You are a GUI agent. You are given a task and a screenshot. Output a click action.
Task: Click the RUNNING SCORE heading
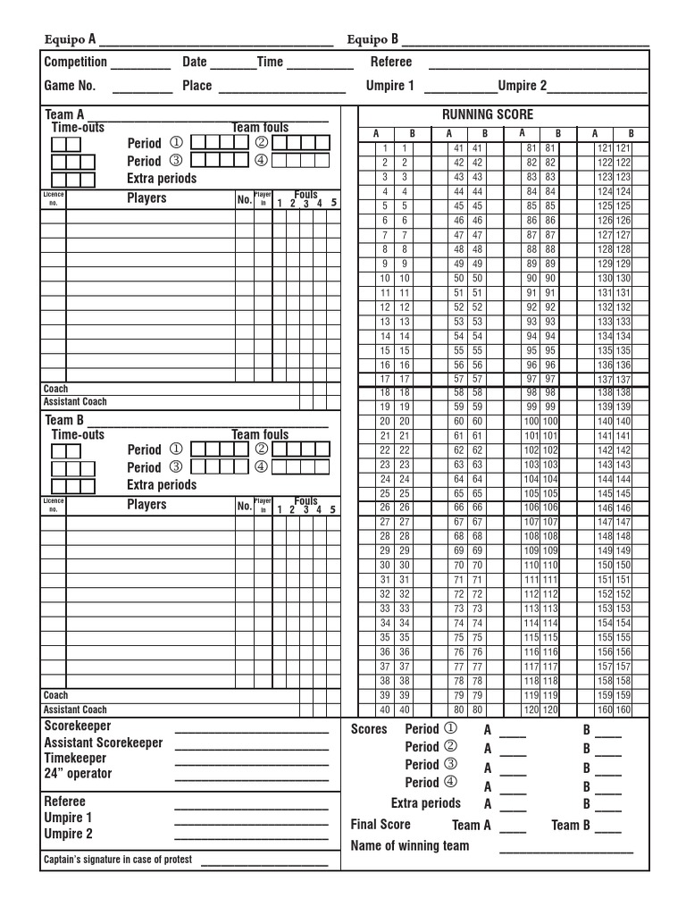(x=487, y=114)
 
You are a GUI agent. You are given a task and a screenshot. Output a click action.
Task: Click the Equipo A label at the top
(x=71, y=39)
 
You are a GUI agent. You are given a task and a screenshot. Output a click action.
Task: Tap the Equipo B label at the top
(x=372, y=39)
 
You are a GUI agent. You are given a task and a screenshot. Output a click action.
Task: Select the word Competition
(x=76, y=62)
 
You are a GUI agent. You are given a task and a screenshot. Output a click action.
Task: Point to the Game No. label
(x=70, y=86)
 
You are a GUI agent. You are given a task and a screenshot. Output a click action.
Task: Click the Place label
(x=197, y=86)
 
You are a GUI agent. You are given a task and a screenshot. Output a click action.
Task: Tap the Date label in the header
(x=195, y=62)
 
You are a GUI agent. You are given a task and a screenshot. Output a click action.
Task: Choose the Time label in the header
(x=270, y=62)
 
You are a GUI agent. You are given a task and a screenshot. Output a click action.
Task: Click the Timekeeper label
(x=75, y=758)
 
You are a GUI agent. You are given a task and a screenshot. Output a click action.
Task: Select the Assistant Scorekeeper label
(x=104, y=743)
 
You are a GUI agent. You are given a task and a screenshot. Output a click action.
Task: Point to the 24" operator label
(x=79, y=773)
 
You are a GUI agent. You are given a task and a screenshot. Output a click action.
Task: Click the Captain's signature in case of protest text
(x=120, y=860)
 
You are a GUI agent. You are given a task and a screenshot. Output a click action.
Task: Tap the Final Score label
(x=381, y=825)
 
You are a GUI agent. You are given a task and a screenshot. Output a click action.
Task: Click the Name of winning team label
(x=410, y=845)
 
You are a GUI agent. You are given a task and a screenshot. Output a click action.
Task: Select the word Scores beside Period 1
(x=369, y=729)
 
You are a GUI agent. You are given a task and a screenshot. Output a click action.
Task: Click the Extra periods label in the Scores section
(x=425, y=803)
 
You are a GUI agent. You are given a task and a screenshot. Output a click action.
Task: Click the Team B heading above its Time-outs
(x=64, y=420)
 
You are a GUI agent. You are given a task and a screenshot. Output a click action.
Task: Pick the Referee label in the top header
(x=391, y=62)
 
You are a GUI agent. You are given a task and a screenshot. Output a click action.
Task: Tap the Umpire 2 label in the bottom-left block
(x=69, y=834)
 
